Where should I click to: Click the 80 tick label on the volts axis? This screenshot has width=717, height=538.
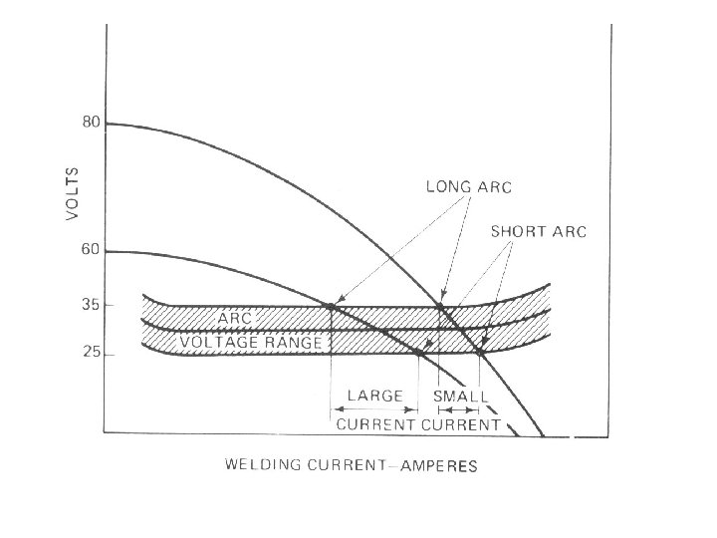point(90,124)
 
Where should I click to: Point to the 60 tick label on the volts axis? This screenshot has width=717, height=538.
point(90,250)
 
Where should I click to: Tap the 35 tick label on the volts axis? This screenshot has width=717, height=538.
point(90,305)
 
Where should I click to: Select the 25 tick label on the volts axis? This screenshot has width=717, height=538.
point(90,353)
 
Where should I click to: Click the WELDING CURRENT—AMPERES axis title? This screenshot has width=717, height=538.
point(352,465)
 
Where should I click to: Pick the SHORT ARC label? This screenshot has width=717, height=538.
point(539,232)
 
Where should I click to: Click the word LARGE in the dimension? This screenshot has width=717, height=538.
point(374,396)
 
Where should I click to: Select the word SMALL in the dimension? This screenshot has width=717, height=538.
point(460,397)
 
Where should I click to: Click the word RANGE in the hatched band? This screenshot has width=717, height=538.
point(291,343)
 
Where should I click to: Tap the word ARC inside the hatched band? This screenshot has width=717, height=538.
point(235,317)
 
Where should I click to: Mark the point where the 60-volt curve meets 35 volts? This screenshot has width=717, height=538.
point(330,305)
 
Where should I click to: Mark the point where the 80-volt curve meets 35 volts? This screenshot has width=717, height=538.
point(440,306)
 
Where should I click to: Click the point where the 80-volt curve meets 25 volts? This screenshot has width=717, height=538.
point(480,352)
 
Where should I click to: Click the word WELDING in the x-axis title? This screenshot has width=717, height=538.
point(262,465)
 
